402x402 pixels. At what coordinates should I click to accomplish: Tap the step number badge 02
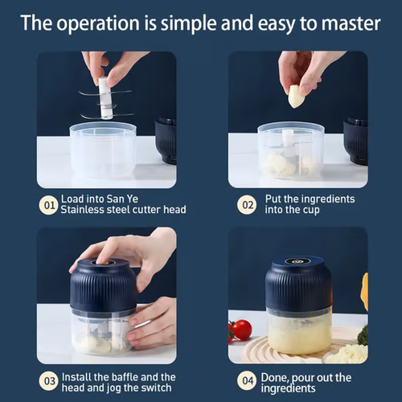246,203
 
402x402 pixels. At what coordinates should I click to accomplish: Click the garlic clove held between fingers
297,96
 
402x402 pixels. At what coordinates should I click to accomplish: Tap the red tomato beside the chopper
241,330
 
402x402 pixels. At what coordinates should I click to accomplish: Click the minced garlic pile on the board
346,352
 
